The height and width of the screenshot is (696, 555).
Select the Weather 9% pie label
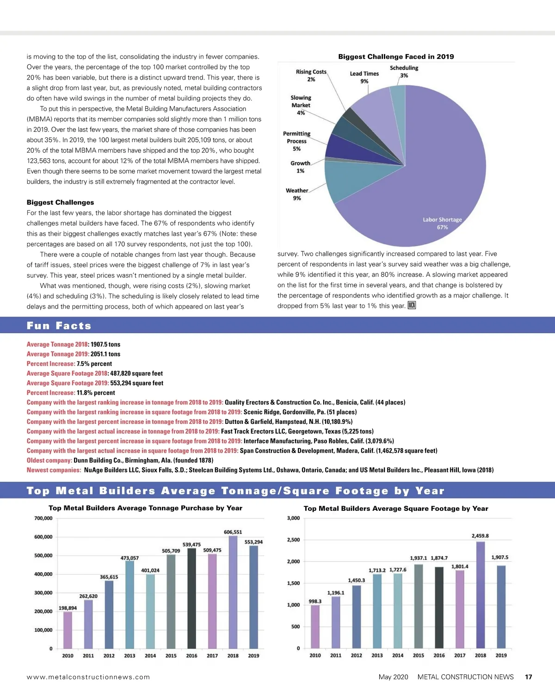click(x=297, y=194)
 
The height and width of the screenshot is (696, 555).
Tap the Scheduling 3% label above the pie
click(x=404, y=72)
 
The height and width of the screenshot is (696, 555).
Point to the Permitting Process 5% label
click(x=297, y=141)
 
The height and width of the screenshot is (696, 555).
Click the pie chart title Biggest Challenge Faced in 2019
click(x=396, y=56)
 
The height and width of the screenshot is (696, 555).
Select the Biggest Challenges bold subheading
click(x=60, y=202)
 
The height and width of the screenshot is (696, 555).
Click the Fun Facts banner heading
click(x=59, y=325)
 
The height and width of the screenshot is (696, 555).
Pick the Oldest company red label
click(x=49, y=460)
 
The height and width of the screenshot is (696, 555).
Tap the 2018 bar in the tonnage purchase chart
click(x=233, y=592)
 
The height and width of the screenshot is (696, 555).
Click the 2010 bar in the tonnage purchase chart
click(x=68, y=630)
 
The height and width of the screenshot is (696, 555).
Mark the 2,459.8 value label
click(x=480, y=536)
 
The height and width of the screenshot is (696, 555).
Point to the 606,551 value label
click(x=233, y=532)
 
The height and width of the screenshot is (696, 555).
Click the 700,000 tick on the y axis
click(x=43, y=518)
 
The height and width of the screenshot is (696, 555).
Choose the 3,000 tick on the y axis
click(x=293, y=518)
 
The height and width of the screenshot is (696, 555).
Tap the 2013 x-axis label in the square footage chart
click(x=377, y=655)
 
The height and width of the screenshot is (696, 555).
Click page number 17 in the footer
click(x=528, y=677)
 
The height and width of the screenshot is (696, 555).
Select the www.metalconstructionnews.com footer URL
click(x=88, y=677)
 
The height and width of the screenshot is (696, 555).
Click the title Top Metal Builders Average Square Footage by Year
click(x=396, y=508)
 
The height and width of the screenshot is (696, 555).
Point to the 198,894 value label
click(x=68, y=608)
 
